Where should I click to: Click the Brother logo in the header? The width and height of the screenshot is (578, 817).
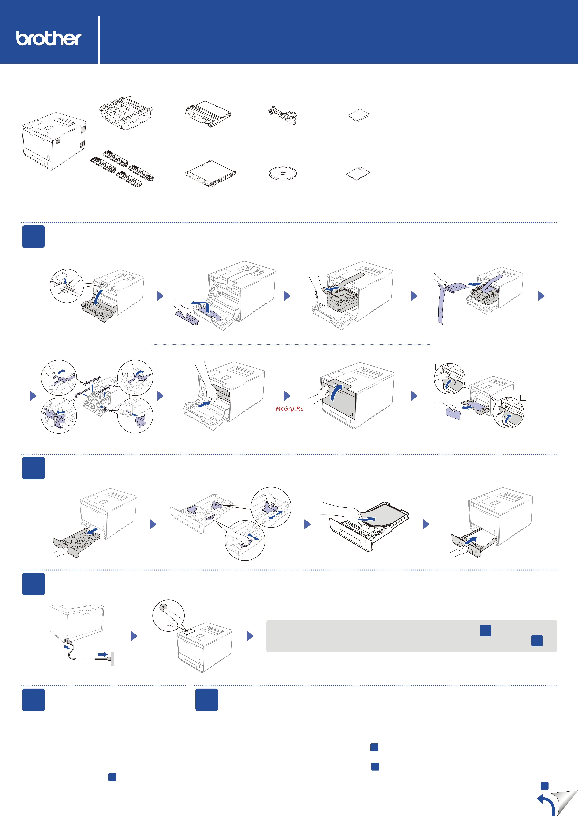49,38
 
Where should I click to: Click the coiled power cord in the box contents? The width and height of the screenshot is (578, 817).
282,115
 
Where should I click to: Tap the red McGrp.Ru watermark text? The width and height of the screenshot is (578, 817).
289,409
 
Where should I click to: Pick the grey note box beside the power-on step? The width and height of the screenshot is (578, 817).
412,636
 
